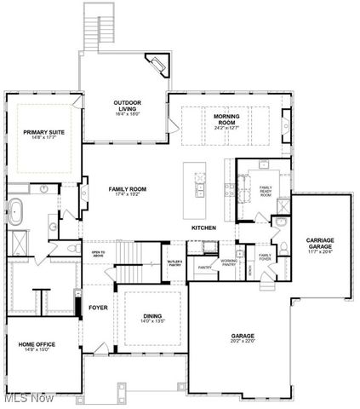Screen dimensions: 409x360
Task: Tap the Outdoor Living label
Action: pyautogui.click(x=127, y=104)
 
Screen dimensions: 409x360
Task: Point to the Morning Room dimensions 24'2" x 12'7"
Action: pyautogui.click(x=225, y=128)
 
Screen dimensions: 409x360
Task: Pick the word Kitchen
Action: pyautogui.click(x=203, y=228)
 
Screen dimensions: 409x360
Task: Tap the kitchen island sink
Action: pyautogui.click(x=200, y=184)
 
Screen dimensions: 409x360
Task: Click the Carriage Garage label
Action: pyautogui.click(x=320, y=243)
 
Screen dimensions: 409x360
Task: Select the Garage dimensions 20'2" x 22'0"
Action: pyautogui.click(x=243, y=342)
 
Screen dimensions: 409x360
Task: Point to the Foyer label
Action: pyautogui.click(x=98, y=308)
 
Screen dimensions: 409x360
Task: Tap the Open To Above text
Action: pyautogui.click(x=99, y=254)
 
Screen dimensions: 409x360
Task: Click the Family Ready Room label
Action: pyautogui.click(x=266, y=190)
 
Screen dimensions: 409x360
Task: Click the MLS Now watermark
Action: pyautogui.click(x=28, y=398)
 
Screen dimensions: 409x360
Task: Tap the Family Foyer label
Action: pyautogui.click(x=265, y=257)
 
